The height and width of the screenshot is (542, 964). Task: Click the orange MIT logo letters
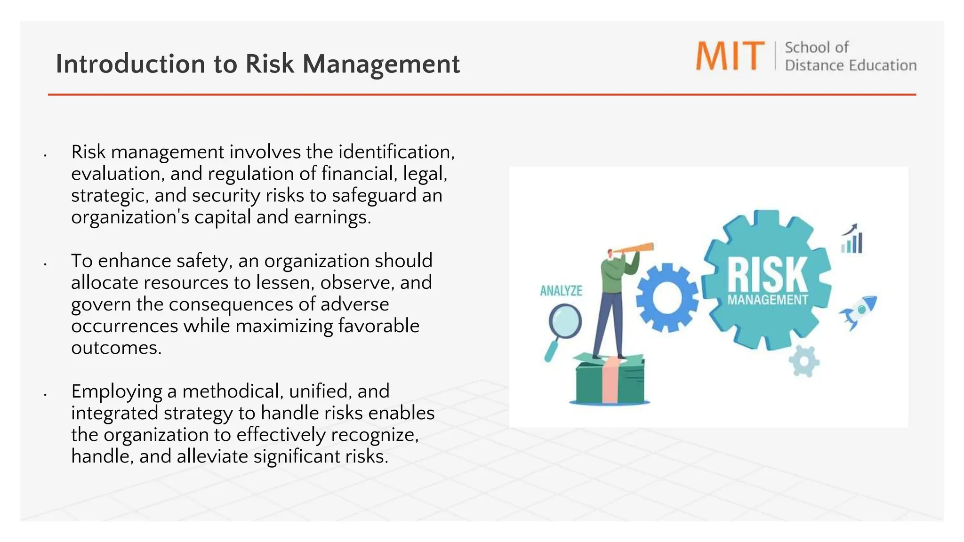point(730,56)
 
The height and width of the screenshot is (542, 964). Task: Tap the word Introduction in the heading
point(130,64)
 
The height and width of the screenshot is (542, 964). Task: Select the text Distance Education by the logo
point(850,65)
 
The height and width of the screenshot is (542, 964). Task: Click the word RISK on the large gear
point(767,275)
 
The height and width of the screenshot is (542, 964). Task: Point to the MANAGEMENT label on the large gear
point(767,300)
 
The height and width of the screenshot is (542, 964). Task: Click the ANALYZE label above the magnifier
point(561,291)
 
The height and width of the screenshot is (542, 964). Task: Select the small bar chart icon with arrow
point(852,239)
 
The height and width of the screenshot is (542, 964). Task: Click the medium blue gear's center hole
point(667,297)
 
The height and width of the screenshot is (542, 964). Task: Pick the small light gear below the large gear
point(803,361)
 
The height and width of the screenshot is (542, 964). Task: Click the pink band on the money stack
point(610,381)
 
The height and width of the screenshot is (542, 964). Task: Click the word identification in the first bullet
point(396,152)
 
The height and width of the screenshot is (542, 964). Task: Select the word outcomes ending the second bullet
point(116,348)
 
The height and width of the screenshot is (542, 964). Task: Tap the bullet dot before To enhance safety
point(45,265)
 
